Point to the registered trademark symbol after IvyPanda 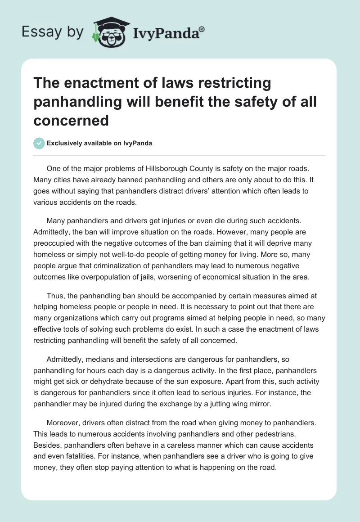click(x=202, y=28)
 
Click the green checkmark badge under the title click(x=39, y=143)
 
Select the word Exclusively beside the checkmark click(x=63, y=144)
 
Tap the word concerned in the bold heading click(x=71, y=120)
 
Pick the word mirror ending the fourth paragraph click(x=261, y=404)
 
